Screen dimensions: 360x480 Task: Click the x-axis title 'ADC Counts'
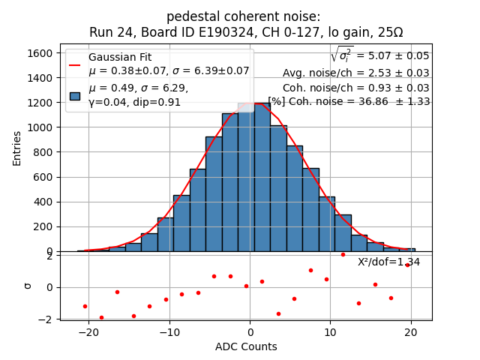point(246,346)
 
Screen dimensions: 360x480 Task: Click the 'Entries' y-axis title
point(17,148)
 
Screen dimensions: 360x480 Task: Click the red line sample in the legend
point(75,64)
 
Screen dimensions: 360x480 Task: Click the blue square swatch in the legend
point(75,95)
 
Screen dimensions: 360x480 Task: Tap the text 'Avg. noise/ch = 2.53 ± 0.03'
point(355,73)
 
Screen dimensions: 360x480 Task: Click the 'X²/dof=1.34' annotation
point(388,262)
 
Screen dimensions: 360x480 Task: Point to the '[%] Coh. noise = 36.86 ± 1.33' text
point(349,102)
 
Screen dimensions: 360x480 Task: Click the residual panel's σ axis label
point(28,286)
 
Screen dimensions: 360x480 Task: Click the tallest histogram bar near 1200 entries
point(246,180)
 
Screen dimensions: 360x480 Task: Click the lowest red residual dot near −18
point(101,317)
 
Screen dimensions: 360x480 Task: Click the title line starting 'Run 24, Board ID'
point(246,32)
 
